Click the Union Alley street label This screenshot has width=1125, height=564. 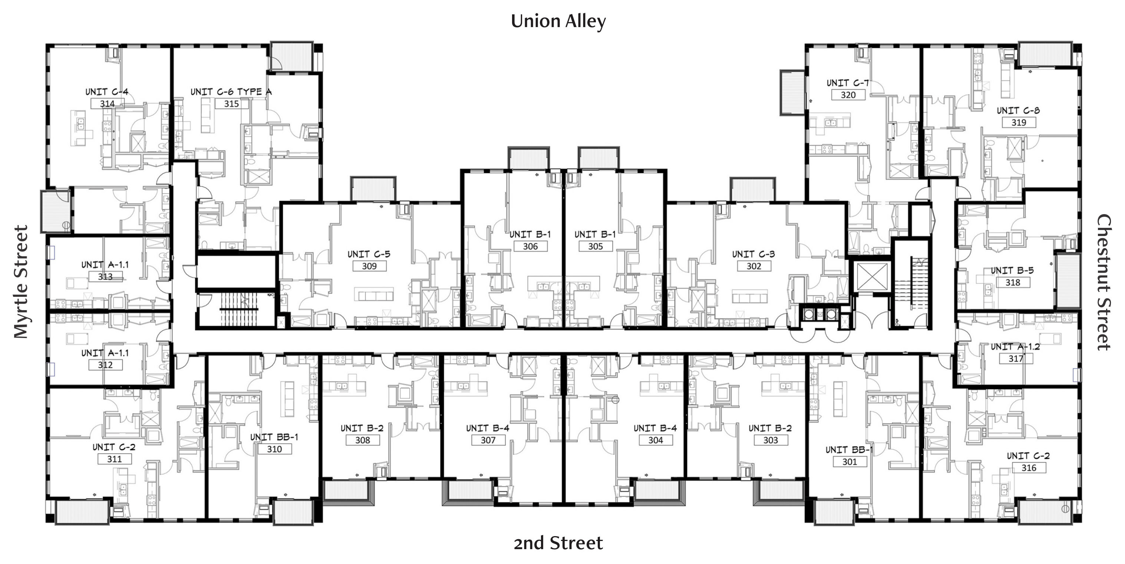[558, 22]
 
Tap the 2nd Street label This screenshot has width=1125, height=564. [558, 543]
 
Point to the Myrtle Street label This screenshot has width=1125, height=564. [20, 282]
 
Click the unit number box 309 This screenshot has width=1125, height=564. [369, 266]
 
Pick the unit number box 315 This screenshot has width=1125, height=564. [231, 104]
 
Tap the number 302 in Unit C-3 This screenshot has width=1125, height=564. [753, 266]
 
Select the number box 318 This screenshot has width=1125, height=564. [1012, 283]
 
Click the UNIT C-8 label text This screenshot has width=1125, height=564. [1018, 111]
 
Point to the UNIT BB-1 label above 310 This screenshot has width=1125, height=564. [274, 437]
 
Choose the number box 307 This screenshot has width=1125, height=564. [488, 440]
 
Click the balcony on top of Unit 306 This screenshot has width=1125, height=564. [528, 158]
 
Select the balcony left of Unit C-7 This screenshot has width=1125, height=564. [792, 93]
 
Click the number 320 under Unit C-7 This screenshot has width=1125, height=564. [848, 95]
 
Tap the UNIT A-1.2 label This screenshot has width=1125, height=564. [1015, 347]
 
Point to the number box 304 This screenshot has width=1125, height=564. [655, 440]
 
